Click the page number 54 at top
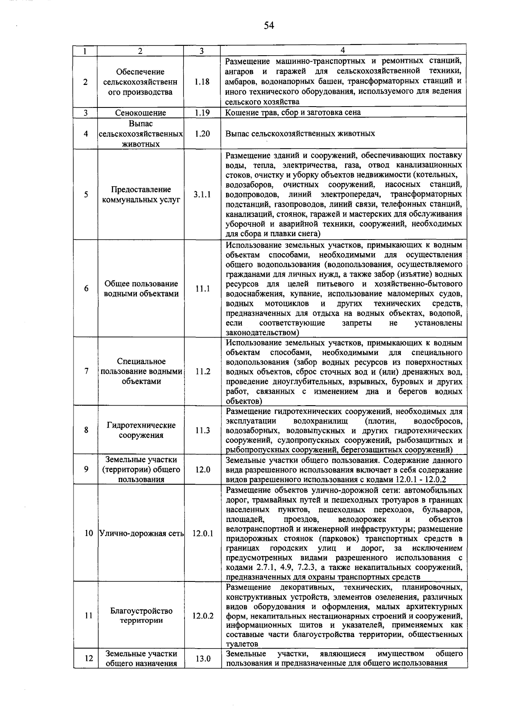coord(269,26)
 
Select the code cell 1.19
coord(202,113)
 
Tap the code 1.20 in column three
coord(202,133)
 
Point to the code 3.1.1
coord(202,195)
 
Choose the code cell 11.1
coord(202,289)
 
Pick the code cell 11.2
coord(202,371)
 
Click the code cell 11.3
coord(202,430)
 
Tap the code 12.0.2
coord(202,615)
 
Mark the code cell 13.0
coord(202,659)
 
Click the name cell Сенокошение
coord(141,113)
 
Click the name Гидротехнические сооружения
coord(141,430)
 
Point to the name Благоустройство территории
coord(141,615)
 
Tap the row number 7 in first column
coord(86,371)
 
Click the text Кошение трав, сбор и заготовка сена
coord(293,113)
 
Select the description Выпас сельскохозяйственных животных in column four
coord(300,133)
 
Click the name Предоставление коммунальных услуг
coord(141,195)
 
